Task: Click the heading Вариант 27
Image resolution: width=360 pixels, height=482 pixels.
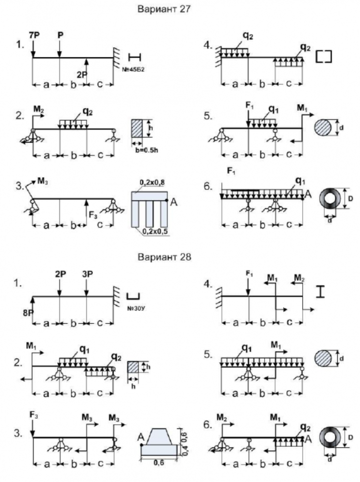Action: (x=164, y=9)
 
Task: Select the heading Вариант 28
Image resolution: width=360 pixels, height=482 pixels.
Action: (x=164, y=256)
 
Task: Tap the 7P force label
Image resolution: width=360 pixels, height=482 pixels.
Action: (x=34, y=36)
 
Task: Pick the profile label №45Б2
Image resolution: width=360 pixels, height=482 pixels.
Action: (x=134, y=69)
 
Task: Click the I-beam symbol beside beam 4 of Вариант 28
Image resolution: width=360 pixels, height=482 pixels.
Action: (x=320, y=292)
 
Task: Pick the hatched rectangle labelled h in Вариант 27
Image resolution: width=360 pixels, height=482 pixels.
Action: (x=138, y=129)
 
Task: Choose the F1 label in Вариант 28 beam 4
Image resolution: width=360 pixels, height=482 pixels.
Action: (x=249, y=274)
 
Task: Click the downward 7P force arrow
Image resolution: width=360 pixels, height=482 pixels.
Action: (x=33, y=49)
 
